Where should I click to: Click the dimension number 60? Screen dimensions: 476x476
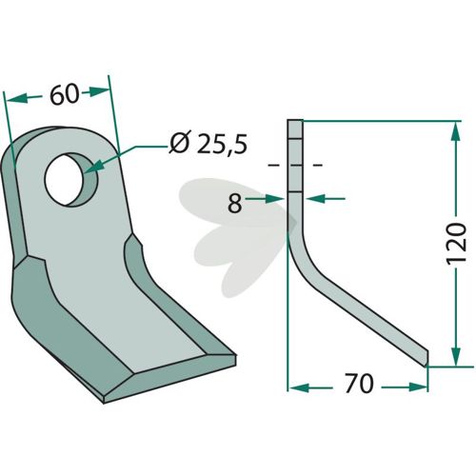tap(64, 94)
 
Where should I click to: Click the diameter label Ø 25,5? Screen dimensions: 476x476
tap(208, 144)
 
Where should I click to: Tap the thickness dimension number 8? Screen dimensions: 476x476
tap(235, 204)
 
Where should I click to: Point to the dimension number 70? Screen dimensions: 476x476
tap(359, 384)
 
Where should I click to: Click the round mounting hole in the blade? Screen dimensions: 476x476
tap(70, 180)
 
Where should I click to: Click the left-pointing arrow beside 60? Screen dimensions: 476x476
tap(24, 98)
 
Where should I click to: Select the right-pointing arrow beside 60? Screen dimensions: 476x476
tap(96, 92)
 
